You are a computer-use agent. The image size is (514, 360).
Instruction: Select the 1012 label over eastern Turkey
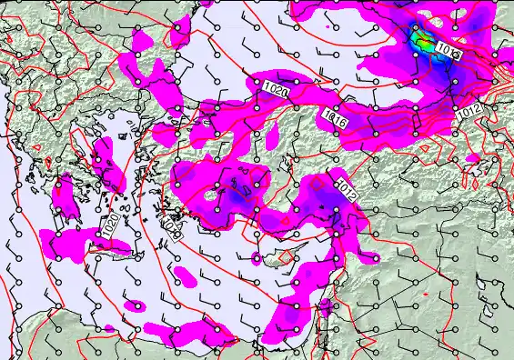[x=469, y=110]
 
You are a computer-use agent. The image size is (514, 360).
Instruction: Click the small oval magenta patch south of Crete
[x=136, y=305]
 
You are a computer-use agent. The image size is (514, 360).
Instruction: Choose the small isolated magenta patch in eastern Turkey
[x=472, y=158]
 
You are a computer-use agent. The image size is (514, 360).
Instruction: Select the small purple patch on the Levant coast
[x=325, y=305]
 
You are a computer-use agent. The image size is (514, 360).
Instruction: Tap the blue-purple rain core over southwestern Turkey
[x=235, y=195]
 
